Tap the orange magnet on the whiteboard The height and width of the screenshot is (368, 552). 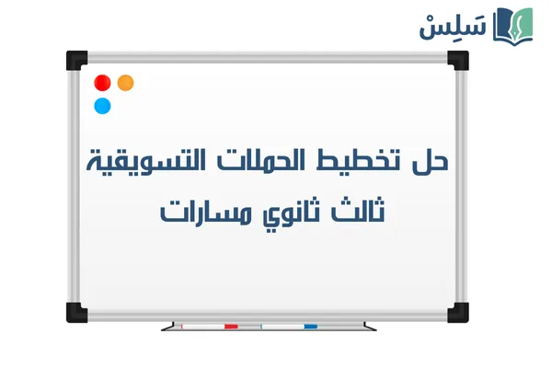pyautogui.click(x=126, y=83)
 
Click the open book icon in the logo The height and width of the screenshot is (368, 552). pyautogui.click(x=512, y=25)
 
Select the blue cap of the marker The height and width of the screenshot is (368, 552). pyautogui.click(x=311, y=326)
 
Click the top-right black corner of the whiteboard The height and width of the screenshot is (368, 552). pyautogui.click(x=458, y=61)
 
